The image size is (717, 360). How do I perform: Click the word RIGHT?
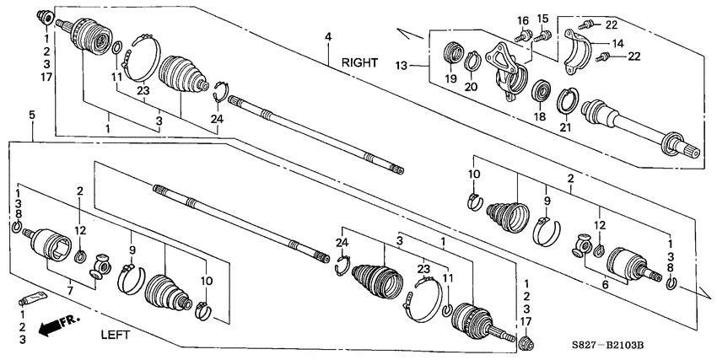(x=361, y=62)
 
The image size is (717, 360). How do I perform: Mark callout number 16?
(x=522, y=20)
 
